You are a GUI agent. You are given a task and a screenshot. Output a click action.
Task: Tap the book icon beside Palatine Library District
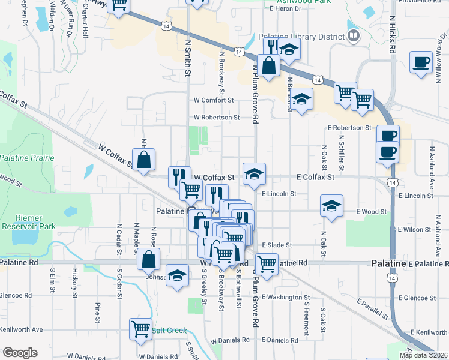coord(354,36)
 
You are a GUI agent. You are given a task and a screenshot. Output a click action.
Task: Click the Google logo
coord(20,353)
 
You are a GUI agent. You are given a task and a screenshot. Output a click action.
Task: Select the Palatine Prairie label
coord(27,158)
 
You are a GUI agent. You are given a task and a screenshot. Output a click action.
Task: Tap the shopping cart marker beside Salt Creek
coord(141,329)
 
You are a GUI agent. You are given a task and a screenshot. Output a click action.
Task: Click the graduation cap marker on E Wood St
coord(331,207)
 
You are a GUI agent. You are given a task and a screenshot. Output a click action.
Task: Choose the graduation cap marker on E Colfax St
coord(254,175)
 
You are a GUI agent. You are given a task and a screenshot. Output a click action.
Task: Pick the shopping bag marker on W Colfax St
coord(143,160)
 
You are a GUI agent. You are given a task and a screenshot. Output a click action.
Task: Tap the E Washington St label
coord(285,297)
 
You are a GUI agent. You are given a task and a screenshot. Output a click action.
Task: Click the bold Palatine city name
coord(388,263)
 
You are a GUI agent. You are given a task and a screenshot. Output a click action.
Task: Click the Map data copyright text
coord(423,355)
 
